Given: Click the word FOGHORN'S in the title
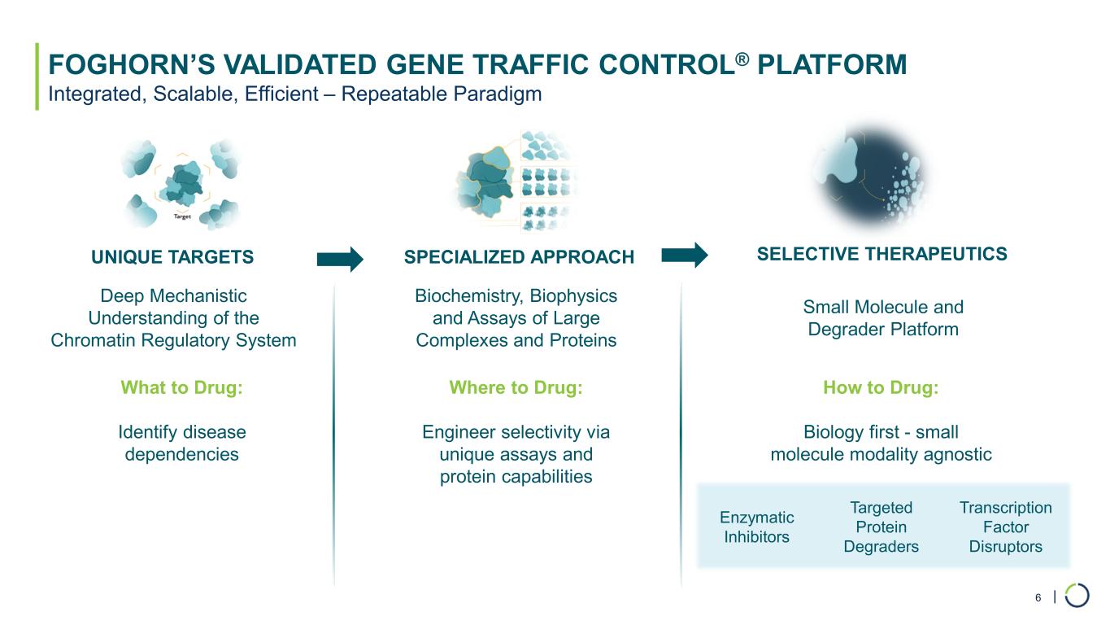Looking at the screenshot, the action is point(131,65).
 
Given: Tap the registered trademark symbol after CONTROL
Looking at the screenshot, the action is point(742,59).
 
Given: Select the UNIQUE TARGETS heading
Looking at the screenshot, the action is point(172,257).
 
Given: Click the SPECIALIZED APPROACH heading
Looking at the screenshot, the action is point(519,257).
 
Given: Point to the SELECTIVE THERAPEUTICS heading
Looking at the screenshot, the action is point(882,254).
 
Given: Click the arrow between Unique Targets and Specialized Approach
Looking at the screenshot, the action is point(340,259).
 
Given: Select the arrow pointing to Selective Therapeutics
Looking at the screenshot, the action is point(685,255).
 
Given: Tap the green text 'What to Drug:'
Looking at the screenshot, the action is point(182,387).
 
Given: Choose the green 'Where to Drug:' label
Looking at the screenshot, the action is point(516,387).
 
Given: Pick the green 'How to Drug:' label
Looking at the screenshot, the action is point(881,387).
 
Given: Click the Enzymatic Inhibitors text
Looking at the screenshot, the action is point(757,527).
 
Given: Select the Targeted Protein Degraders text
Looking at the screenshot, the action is point(881,527).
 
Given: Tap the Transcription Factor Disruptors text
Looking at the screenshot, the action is point(1005,527).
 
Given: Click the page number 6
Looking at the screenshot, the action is point(1038,597).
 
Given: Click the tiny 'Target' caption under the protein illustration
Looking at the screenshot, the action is point(182,216).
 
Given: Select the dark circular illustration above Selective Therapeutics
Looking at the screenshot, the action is point(869,176).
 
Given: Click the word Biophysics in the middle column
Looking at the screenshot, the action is point(573,296).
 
